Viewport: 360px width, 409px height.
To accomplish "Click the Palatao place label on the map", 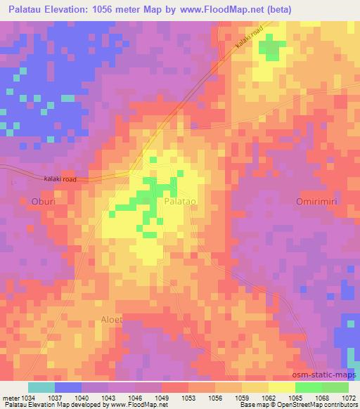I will point(179,201).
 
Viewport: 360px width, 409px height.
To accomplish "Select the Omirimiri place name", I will point(316,201).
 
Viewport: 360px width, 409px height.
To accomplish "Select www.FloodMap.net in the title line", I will point(222,10).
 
